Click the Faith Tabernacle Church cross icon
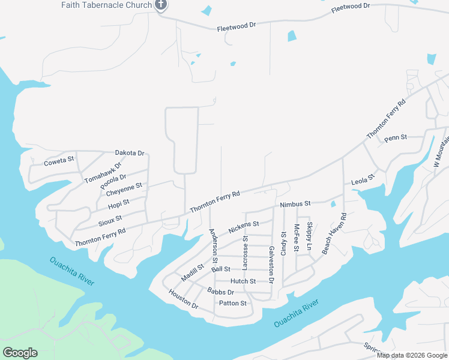click(x=160, y=5)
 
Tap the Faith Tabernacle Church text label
click(x=106, y=5)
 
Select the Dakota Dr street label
click(x=130, y=154)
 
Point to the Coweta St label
click(x=59, y=161)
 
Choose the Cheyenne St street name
click(x=124, y=190)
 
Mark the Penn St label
click(x=396, y=137)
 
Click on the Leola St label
click(x=363, y=178)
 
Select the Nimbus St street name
click(x=295, y=205)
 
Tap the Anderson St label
click(x=212, y=246)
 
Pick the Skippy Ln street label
click(x=310, y=236)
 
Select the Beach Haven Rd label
click(x=334, y=233)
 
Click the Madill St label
click(x=193, y=272)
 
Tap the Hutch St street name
click(x=243, y=281)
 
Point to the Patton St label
click(x=233, y=303)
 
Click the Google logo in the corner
click(x=20, y=353)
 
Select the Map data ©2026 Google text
click(x=411, y=355)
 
